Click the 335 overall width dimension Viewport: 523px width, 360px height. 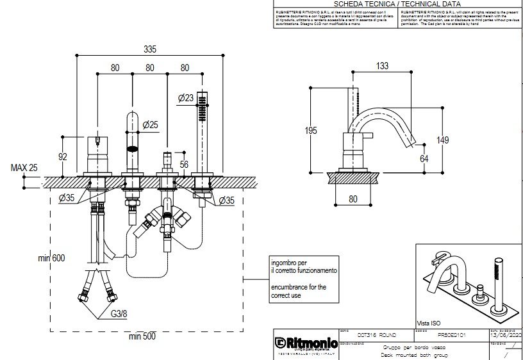149,49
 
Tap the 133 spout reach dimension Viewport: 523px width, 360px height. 383,66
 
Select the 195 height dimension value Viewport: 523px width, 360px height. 311,131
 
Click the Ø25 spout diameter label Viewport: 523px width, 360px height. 150,124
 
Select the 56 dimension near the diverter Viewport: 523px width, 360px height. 184,164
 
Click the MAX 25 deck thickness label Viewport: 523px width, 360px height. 24,168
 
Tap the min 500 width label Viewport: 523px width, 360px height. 142,336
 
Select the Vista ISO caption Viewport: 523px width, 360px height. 430,323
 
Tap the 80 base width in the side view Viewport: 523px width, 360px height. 353,199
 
